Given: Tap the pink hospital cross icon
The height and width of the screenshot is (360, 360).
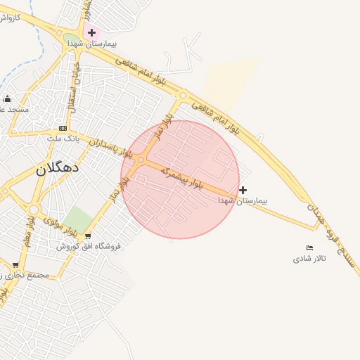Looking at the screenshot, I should coord(91,32).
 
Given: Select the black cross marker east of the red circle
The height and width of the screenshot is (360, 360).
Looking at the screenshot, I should coord(243,190).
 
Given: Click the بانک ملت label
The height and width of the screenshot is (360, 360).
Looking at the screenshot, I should coord(60,139).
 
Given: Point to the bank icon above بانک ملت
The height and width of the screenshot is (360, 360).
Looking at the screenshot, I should coord(63,128).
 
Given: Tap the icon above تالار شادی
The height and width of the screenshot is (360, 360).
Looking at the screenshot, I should coord(310,247).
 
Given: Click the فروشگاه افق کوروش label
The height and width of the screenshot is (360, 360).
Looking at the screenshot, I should coord(89,247).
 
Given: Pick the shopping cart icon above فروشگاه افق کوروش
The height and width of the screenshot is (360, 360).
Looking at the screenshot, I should coord(88,236).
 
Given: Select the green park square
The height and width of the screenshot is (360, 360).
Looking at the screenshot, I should coord(78,219).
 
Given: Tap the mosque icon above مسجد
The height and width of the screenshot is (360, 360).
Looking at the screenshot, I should coord(7,98).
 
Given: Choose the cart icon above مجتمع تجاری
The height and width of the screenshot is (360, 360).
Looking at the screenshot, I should coord(15,265).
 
